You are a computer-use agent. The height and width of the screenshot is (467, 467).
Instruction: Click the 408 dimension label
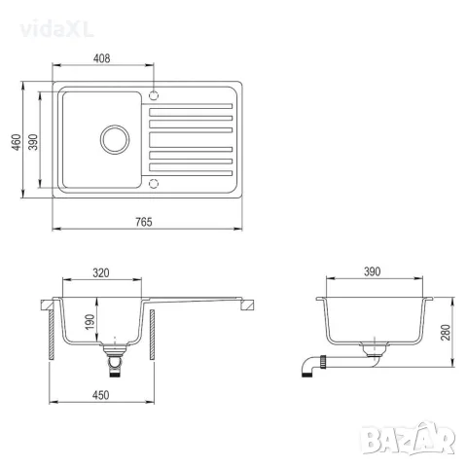coord(101,58)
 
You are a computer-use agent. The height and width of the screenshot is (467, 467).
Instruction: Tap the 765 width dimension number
coord(144,222)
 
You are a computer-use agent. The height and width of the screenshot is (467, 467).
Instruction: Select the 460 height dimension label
coord(17,142)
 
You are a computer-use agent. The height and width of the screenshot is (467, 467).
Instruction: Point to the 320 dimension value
coord(101,273)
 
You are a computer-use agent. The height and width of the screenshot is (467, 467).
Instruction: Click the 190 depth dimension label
coord(90,322)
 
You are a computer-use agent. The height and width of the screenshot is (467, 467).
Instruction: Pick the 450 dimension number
coord(100,395)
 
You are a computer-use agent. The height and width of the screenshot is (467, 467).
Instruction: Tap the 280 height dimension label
coord(446,332)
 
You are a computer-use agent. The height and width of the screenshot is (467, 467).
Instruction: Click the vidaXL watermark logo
coord(56,30)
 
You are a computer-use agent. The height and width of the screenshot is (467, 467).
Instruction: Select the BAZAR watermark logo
coord(408,438)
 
